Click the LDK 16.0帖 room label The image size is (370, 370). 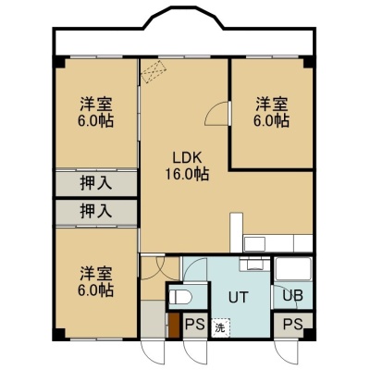(187, 166)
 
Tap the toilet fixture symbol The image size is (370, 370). (180, 298)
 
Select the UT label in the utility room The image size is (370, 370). (238, 297)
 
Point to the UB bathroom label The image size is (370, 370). (293, 296)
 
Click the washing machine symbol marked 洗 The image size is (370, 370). (220, 327)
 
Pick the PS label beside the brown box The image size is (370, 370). (195, 325)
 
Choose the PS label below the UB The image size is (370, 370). (293, 325)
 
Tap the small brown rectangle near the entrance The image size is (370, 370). (174, 326)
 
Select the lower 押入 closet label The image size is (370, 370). (96, 212)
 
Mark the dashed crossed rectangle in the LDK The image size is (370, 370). (154, 72)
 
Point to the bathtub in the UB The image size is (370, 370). (293, 268)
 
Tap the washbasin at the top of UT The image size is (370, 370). (254, 265)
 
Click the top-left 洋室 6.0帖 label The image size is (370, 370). (95, 112)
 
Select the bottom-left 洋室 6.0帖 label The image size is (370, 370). (95, 281)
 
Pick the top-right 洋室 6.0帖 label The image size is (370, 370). (271, 112)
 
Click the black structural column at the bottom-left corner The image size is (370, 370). (58, 334)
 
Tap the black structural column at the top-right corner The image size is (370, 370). (309, 62)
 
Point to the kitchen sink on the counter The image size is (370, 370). (254, 244)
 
